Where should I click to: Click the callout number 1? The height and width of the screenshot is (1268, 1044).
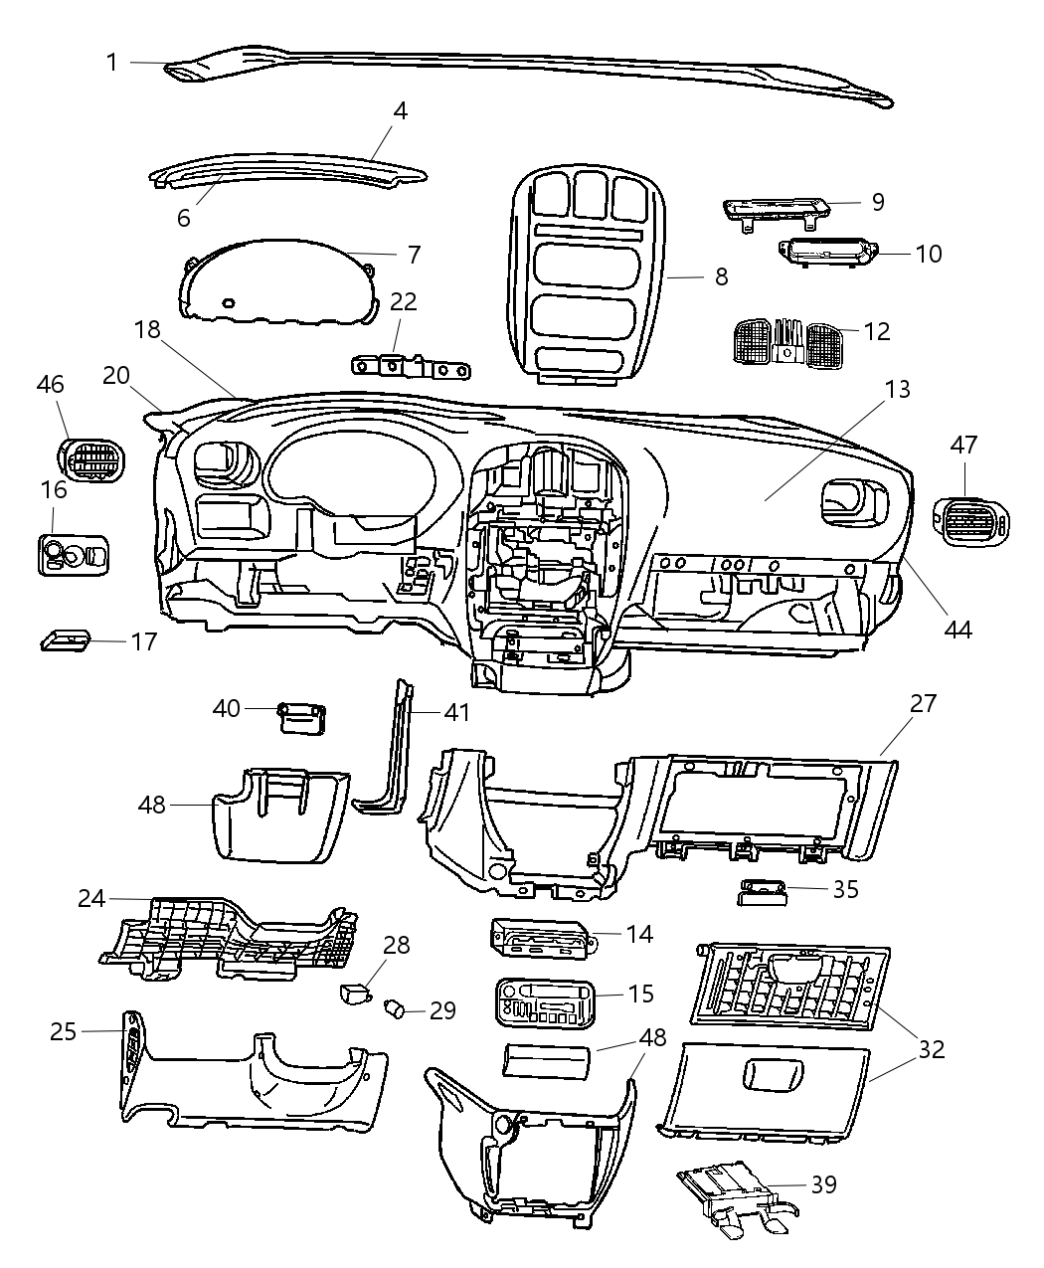tap(112, 62)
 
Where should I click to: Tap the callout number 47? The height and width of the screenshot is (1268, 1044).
tap(962, 445)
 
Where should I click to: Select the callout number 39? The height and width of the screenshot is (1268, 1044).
tap(822, 1183)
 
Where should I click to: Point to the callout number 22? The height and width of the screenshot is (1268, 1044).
tap(403, 301)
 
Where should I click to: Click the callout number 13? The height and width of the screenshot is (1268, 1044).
tap(897, 389)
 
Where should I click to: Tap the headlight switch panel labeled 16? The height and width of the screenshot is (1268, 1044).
tap(76, 553)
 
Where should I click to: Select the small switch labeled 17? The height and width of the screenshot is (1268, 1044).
tap(65, 639)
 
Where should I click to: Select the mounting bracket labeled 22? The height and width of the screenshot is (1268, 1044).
tap(410, 368)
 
